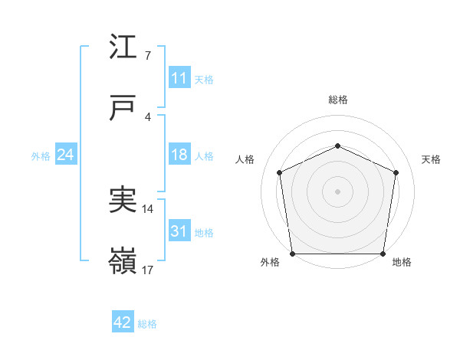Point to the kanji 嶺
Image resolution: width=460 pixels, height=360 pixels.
123,261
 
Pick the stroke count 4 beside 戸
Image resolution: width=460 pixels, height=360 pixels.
147,116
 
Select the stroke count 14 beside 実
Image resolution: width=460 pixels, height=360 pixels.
148,208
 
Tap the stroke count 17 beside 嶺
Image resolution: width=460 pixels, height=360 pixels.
148,270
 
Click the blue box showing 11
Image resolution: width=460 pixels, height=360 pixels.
179,78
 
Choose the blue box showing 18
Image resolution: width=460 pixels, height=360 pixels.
179,155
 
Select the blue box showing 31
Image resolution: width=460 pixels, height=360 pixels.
179,231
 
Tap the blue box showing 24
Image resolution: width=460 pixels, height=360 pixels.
66,155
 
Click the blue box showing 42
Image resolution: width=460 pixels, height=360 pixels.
123,322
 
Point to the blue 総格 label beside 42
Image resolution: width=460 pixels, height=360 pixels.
147,324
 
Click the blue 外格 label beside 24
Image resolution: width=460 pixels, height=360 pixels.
41,156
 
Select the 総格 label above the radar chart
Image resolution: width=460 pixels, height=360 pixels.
337,100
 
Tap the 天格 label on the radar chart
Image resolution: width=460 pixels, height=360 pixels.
431,159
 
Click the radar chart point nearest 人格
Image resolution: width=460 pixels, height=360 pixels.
280,172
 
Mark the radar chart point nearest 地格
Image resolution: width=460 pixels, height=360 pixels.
383,254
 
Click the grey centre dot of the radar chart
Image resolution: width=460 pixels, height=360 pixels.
337,191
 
